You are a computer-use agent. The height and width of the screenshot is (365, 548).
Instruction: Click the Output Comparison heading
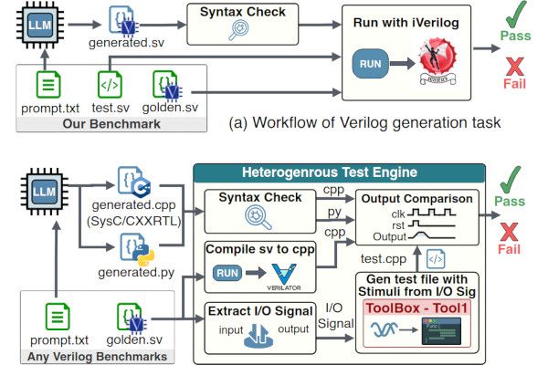click(416, 199)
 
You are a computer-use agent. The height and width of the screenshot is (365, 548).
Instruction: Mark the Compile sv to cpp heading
click(253, 248)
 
